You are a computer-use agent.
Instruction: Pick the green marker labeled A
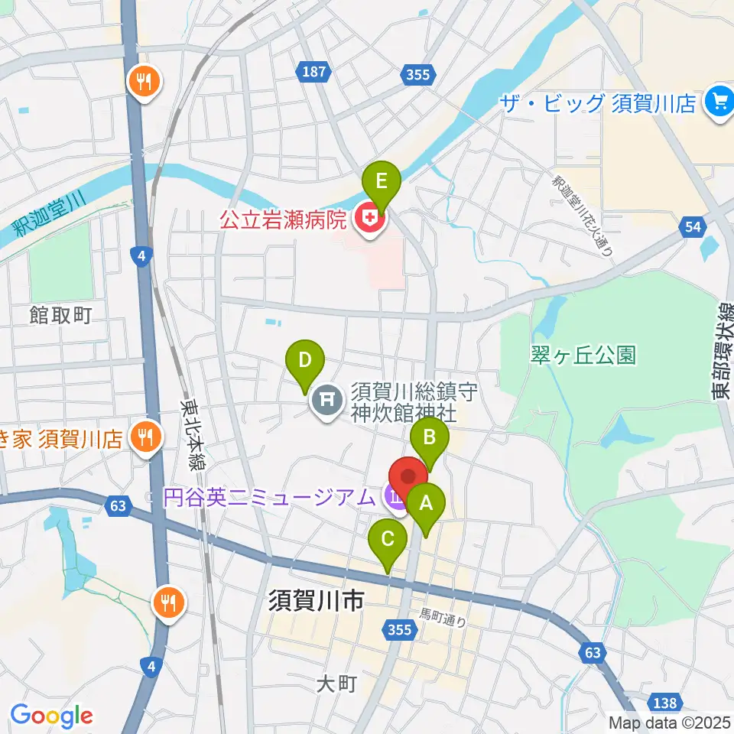pyautogui.click(x=424, y=505)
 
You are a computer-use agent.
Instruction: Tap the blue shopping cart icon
pyautogui.click(x=719, y=102)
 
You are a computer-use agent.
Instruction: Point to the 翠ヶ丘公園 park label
pyautogui.click(x=583, y=355)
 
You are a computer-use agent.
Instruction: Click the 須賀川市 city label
pyautogui.click(x=316, y=602)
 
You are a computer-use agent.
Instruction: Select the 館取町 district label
pyautogui.click(x=61, y=314)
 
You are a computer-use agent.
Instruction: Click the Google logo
pyautogui.click(x=51, y=716)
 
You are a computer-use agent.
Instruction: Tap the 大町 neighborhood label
pyautogui.click(x=337, y=683)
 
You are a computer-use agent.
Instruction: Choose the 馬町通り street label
pyautogui.click(x=443, y=618)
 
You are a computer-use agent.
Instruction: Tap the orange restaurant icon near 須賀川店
pyautogui.click(x=145, y=438)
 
